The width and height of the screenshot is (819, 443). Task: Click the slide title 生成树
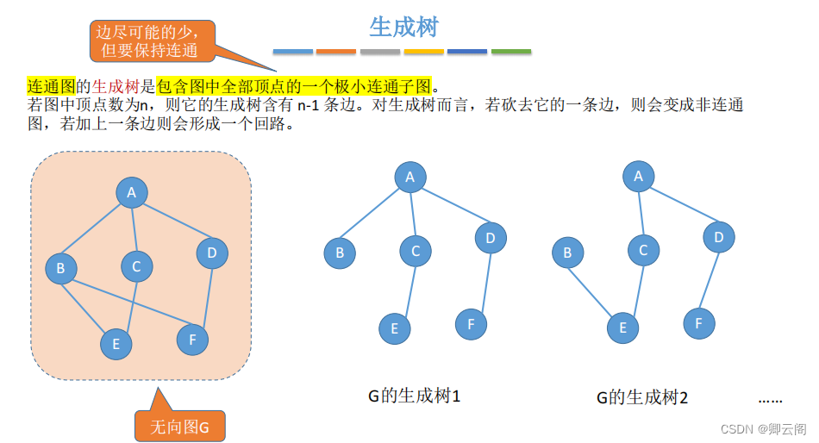[x=403, y=28]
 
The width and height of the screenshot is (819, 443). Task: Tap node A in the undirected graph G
[x=132, y=192]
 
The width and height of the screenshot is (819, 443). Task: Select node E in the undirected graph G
[x=116, y=344]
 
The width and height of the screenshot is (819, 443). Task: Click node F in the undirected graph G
[x=192, y=340]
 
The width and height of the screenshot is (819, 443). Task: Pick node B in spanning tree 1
[x=340, y=253]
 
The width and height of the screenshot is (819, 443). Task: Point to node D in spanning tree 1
[x=491, y=237]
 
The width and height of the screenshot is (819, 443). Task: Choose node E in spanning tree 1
[x=395, y=328]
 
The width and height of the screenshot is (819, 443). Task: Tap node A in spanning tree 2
[x=639, y=176]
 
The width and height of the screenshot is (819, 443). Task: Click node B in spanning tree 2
[x=567, y=253]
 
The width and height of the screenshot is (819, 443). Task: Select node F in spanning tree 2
[x=699, y=323]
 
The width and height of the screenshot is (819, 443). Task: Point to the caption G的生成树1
[x=415, y=396]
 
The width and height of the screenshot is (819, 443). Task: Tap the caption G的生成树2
[x=642, y=397]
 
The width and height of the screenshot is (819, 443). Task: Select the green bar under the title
[x=511, y=52]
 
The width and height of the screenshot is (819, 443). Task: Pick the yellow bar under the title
[x=424, y=52]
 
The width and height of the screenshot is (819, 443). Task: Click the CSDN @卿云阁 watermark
[x=762, y=428]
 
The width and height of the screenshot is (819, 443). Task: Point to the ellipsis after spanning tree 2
[x=770, y=399]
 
